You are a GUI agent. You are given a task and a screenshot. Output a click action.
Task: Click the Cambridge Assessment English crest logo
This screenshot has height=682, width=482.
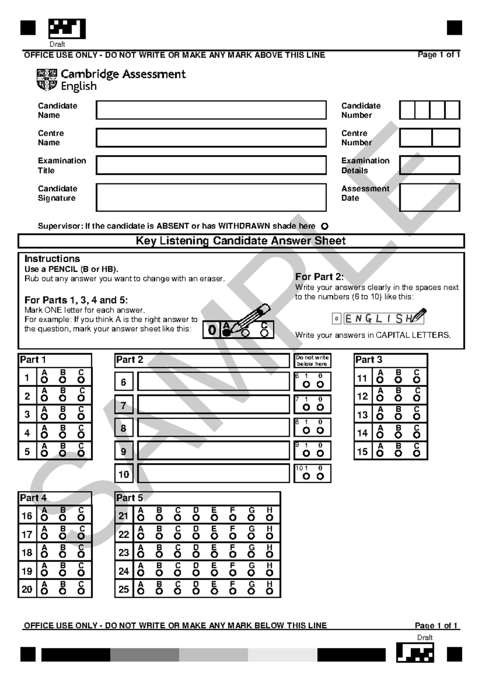click(x=47, y=80)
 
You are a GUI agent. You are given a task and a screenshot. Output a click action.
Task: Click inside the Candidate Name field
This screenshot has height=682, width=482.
click(x=211, y=110)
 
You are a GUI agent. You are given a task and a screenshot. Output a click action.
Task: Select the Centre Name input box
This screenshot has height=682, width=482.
click(x=211, y=138)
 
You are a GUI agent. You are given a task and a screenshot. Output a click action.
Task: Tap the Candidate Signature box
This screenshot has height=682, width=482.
click(x=211, y=197)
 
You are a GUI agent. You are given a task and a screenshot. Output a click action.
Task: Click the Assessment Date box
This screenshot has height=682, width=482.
click(x=429, y=197)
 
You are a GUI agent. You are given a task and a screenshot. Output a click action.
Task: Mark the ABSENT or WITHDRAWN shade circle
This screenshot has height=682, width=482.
click(x=325, y=226)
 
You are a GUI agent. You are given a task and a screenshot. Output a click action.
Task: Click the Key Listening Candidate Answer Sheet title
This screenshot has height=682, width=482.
click(x=241, y=241)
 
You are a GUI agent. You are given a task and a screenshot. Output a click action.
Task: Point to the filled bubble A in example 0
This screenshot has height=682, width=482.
click(x=226, y=333)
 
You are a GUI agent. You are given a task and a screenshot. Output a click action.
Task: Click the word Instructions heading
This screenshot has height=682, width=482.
click(x=52, y=259)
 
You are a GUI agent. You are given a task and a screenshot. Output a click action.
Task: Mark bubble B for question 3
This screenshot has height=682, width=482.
click(x=63, y=417)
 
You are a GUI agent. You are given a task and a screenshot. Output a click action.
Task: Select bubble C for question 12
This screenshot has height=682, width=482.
click(x=417, y=398)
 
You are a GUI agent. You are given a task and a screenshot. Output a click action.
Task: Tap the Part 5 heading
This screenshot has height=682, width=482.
click(x=129, y=498)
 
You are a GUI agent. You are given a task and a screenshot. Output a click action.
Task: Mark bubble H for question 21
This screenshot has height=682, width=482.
click(x=270, y=518)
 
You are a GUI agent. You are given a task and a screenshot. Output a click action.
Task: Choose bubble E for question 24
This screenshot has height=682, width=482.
click(x=214, y=573)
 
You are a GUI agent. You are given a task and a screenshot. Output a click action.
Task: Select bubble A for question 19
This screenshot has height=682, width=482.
click(x=44, y=573)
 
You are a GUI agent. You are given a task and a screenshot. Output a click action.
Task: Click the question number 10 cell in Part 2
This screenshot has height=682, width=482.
click(x=124, y=474)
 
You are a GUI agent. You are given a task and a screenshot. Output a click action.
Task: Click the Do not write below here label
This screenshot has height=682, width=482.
click(x=312, y=361)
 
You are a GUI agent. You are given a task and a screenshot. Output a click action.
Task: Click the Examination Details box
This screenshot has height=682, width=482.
click(x=429, y=165)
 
